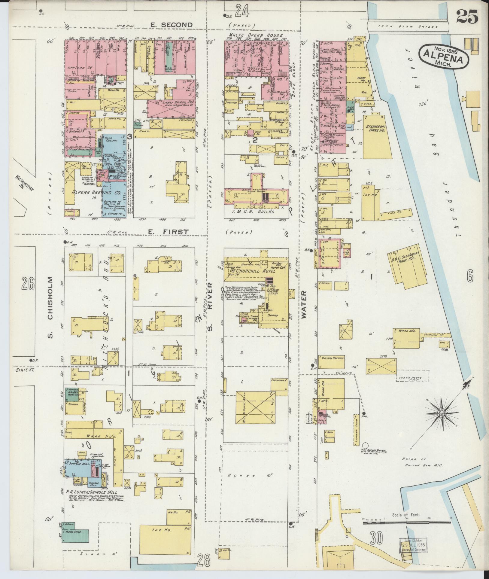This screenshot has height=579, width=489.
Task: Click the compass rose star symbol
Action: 442,414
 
